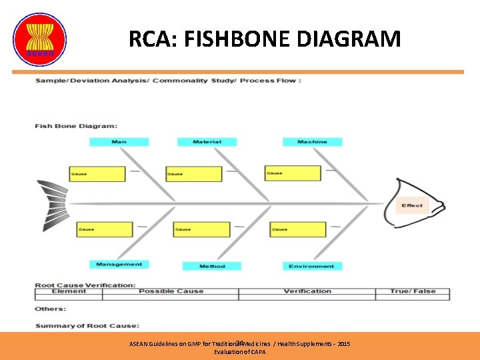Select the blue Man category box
pyautogui.click(x=119, y=142)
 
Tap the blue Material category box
pyautogui.click(x=207, y=142)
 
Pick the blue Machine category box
pyautogui.click(x=312, y=142)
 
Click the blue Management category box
pyautogui.click(x=119, y=265)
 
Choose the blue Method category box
pyautogui.click(x=212, y=266)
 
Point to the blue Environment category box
pyautogui.click(x=311, y=266)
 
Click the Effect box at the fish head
pyautogui.click(x=411, y=205)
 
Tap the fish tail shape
pyautogui.click(x=51, y=203)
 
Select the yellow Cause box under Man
pyautogui.click(x=97, y=174)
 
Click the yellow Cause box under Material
pyautogui.click(x=193, y=174)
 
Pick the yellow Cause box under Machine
pyautogui.click(x=293, y=173)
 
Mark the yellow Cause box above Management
pyautogui.click(x=105, y=229)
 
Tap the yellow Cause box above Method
pyautogui.click(x=201, y=229)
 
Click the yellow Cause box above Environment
pyautogui.click(x=298, y=229)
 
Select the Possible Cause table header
pyautogui.click(x=171, y=291)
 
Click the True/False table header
pyautogui.click(x=412, y=291)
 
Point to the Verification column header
pyautogui.click(x=307, y=291)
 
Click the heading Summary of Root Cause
pyautogui.click(x=87, y=325)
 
